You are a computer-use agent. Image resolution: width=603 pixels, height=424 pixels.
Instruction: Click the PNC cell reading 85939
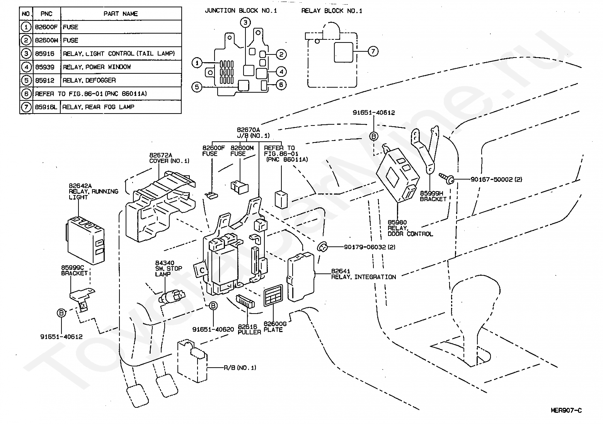click(45, 67)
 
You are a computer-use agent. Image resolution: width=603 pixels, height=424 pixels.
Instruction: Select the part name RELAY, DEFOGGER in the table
click(89, 80)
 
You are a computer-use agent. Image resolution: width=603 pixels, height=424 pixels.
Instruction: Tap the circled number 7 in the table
click(26, 107)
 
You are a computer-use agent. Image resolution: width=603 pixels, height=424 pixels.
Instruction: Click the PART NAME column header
click(121, 14)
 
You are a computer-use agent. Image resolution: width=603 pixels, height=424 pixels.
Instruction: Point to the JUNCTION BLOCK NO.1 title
click(241, 11)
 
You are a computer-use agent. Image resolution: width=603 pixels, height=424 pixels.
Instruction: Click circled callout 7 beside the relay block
click(373, 51)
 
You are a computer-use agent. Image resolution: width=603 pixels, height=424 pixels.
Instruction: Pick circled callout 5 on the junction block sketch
click(197, 87)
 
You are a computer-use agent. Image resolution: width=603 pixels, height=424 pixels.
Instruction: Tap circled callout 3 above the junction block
click(245, 22)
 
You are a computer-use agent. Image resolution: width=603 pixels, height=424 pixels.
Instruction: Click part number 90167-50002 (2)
click(496, 179)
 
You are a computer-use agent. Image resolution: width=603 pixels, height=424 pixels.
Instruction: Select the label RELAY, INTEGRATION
click(363, 277)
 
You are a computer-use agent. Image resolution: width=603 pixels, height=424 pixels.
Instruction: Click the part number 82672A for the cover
click(161, 155)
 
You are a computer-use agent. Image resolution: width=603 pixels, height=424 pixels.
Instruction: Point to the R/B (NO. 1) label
click(240, 368)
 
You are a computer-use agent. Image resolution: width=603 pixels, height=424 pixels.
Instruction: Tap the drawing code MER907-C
click(566, 410)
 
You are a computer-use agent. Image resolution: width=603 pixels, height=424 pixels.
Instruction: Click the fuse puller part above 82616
click(245, 301)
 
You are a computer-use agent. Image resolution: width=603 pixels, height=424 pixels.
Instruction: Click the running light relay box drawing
click(85, 240)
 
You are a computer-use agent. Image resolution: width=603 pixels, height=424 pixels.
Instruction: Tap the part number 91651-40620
click(213, 329)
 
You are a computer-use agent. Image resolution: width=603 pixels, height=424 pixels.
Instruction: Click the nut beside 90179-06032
click(322, 247)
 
